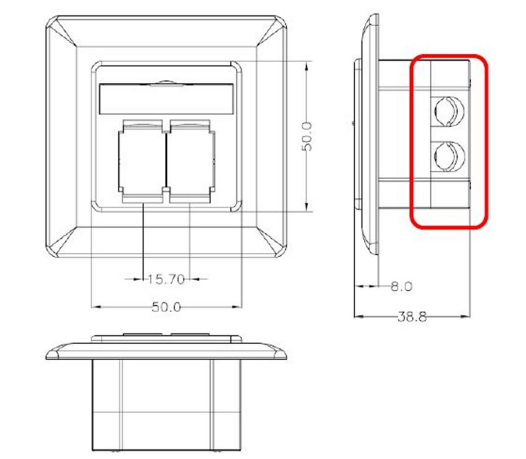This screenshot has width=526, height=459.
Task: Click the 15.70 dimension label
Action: [165, 279]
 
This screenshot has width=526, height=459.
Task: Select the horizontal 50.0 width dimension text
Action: [166, 307]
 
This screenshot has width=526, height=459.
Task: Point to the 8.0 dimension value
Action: [401, 286]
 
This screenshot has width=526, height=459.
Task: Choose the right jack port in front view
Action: [190, 161]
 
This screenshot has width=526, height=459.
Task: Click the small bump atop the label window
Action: [165, 83]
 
